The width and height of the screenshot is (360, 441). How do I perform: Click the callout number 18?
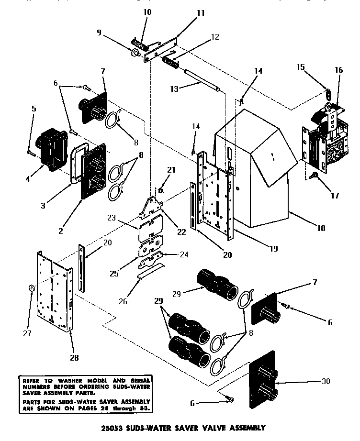point(321,229)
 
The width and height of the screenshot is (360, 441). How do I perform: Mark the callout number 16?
point(339,69)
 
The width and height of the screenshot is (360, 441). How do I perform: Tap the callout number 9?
point(99,33)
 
